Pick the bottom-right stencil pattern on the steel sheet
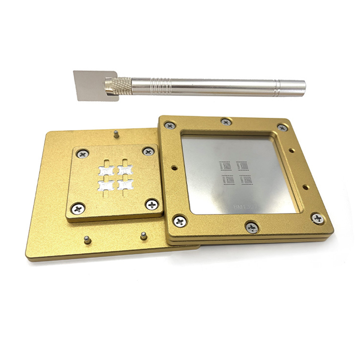246,180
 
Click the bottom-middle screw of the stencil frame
252,227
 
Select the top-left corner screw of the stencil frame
169,126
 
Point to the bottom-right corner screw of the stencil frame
317,218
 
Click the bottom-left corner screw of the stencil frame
180,221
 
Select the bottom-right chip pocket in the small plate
124,184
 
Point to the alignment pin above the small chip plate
116,133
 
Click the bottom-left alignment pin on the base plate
87,240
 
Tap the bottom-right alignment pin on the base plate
143,235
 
